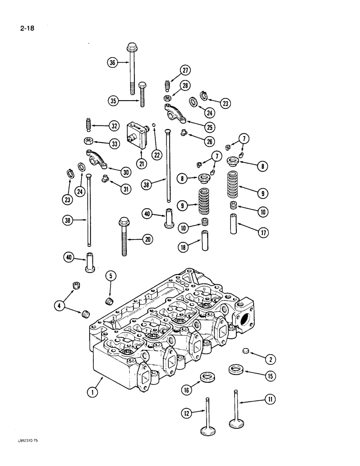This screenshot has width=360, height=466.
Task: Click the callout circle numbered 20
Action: tap(148, 239)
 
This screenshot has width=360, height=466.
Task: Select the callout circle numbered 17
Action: tap(263, 233)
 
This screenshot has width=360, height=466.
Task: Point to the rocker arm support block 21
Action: tap(137, 134)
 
